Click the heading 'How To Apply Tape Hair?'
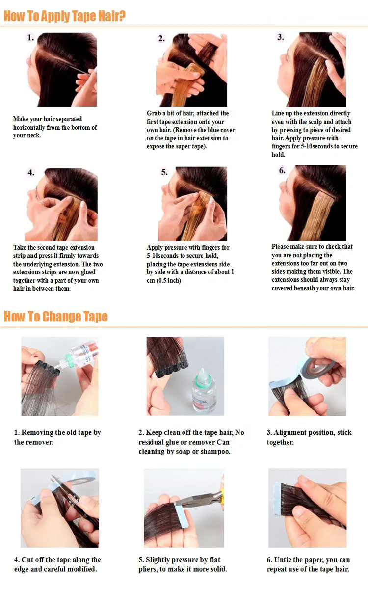point(65,16)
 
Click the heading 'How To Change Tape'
point(56,316)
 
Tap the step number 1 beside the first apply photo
point(31,38)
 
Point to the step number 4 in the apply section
point(31,172)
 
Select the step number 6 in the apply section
point(282,170)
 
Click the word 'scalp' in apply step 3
point(315,122)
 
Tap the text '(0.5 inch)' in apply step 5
point(168,281)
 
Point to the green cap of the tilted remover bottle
point(69,358)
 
